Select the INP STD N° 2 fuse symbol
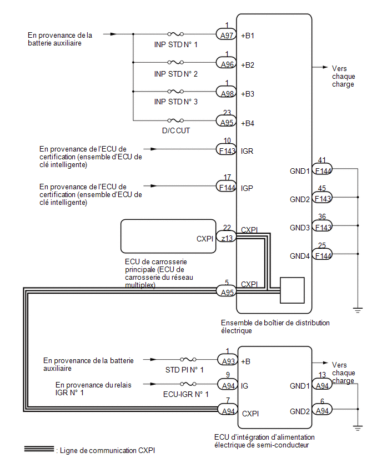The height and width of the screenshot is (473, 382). (x=175, y=62)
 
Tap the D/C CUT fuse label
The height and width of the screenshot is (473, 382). (x=176, y=130)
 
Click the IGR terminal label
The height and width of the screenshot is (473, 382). (x=247, y=151)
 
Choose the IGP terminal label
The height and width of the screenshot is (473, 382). (x=247, y=188)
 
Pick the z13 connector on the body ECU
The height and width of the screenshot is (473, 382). (x=227, y=238)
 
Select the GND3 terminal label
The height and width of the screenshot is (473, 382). (x=300, y=228)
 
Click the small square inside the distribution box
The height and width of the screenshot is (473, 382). (x=292, y=290)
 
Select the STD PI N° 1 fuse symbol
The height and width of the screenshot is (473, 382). (x=188, y=359)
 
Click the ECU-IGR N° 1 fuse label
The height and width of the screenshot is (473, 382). (x=185, y=394)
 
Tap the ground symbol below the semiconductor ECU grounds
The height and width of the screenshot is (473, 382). (x=358, y=427)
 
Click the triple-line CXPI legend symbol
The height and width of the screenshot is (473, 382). (x=39, y=449)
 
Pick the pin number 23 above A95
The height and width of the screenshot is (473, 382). (x=227, y=113)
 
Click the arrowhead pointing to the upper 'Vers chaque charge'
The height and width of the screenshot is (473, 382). (x=325, y=67)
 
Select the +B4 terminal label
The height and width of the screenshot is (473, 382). (x=248, y=123)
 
